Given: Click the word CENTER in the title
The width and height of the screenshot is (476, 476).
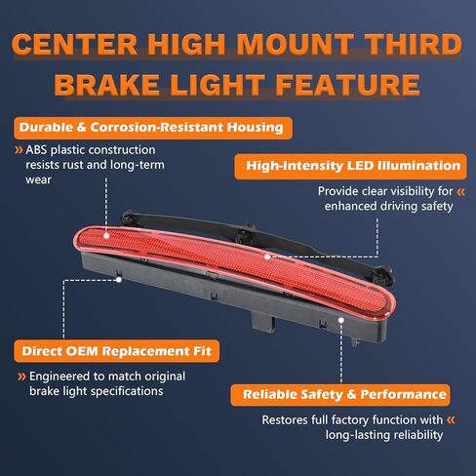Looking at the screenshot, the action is tap(74, 44).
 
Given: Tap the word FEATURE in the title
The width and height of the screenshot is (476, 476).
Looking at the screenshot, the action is tap(347, 85).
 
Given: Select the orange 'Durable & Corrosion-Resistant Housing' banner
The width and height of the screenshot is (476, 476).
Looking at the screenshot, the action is tap(153, 128).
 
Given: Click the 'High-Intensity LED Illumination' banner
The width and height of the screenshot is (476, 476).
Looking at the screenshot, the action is tap(350, 166).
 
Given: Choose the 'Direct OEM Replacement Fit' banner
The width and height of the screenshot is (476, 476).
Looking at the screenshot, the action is tap(116, 351).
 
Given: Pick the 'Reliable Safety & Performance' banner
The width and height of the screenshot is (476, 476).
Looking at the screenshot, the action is tap(340, 395).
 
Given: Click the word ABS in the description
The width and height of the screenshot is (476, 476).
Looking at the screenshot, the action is tap(36, 150).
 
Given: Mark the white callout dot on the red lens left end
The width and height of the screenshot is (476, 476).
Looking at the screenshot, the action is tap(106, 236).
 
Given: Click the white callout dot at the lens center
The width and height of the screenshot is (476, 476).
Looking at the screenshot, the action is tap(267, 257).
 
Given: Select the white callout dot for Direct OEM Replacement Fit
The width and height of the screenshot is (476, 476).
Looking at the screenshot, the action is tap(119, 280).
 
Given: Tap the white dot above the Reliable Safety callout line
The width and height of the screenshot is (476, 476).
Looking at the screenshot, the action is tap(341, 320).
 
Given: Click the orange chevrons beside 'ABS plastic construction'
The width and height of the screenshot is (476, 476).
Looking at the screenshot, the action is tap(20, 150).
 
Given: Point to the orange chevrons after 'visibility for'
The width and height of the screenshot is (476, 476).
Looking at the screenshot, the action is tap(460, 191).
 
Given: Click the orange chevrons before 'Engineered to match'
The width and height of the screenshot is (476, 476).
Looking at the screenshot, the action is tap(21, 377).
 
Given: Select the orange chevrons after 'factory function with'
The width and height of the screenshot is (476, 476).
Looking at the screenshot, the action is tap(451, 420).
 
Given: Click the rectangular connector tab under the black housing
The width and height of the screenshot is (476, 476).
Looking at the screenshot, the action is tap(263, 322).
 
